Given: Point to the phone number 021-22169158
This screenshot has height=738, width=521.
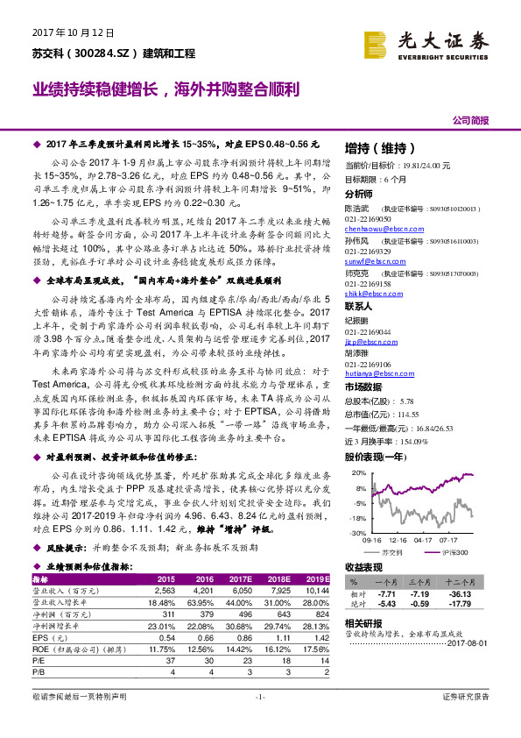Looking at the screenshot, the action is [x=369, y=284].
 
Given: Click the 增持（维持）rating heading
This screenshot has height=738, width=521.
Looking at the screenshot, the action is [x=377, y=147].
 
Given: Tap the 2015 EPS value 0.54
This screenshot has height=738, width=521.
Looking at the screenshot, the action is [x=166, y=639].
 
